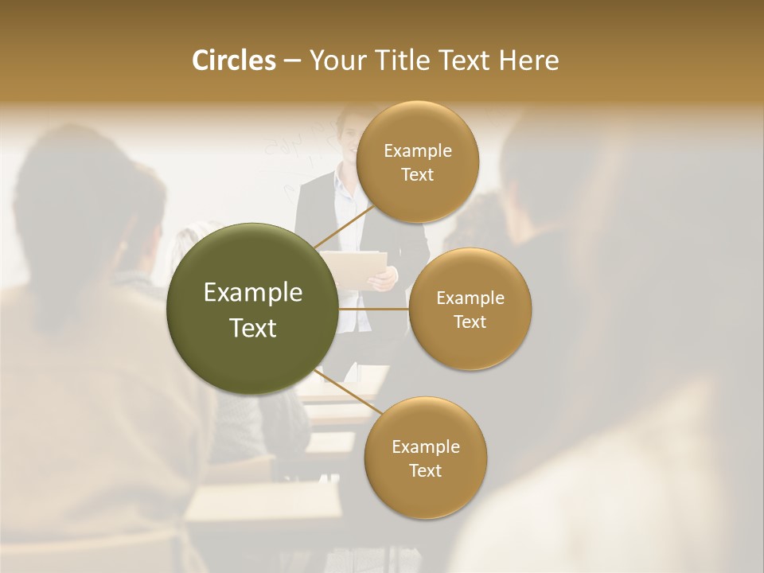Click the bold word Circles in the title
[233, 60]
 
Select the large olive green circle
[252, 309]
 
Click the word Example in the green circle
[252, 293]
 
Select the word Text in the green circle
[252, 328]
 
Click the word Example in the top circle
[417, 150]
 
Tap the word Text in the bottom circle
[425, 470]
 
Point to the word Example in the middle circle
[470, 298]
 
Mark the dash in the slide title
[291, 61]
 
